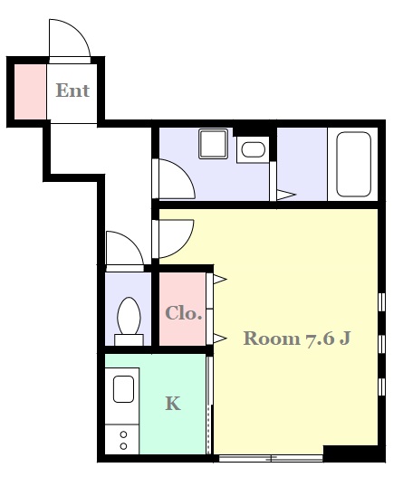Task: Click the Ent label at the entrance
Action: (x=72, y=91)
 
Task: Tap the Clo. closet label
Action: (x=183, y=313)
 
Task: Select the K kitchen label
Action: (x=173, y=404)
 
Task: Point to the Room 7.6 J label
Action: (x=297, y=339)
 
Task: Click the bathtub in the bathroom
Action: (x=353, y=164)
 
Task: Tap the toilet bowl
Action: (x=129, y=317)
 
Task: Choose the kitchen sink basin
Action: (x=123, y=389)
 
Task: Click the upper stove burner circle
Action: (x=123, y=434)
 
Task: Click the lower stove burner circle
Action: (x=123, y=446)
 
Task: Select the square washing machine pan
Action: (x=213, y=144)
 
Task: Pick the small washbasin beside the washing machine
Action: (x=254, y=149)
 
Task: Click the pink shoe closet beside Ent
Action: (x=31, y=91)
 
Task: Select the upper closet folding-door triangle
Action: (x=220, y=279)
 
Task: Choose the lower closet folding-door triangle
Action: (x=220, y=339)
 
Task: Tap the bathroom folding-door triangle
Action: (x=286, y=195)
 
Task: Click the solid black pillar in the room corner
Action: (x=350, y=453)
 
